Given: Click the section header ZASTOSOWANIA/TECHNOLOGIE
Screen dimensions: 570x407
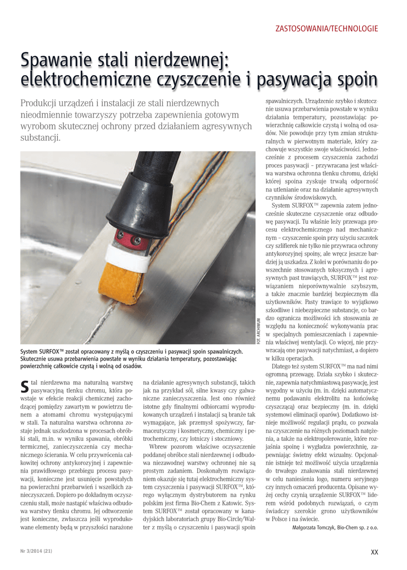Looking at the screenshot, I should (327, 28).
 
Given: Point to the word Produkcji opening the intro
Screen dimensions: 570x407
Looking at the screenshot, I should (41, 103).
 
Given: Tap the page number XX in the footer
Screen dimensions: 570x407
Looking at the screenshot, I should (374, 552).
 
